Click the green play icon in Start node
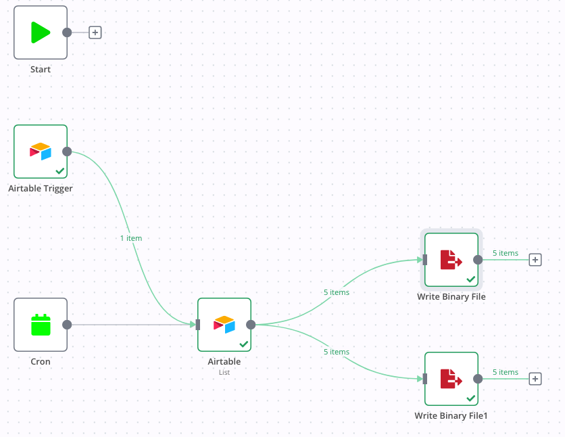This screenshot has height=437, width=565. [41, 32]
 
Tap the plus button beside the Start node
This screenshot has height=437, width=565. [95, 32]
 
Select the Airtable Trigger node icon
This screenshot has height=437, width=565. [41, 151]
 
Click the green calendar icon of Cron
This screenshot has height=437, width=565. [41, 325]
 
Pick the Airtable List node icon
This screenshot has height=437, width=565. [224, 325]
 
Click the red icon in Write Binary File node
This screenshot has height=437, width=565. [451, 260]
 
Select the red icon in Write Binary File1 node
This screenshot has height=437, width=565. [451, 379]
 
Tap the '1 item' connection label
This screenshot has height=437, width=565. [130, 238]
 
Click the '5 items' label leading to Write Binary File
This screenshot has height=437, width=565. [337, 292]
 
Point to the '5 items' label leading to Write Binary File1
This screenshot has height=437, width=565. [337, 352]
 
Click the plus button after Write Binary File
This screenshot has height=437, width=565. [535, 260]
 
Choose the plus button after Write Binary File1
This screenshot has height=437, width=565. [535, 379]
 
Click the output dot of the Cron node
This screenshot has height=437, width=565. [67, 325]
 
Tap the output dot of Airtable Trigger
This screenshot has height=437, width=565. [67, 151]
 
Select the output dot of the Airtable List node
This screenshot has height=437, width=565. [251, 325]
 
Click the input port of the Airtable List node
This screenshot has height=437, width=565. [197, 325]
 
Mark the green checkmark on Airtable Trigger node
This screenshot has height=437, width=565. [60, 171]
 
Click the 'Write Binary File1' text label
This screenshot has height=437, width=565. [451, 415]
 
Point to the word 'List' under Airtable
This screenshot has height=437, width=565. [224, 372]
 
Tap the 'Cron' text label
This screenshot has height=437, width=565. [41, 361]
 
